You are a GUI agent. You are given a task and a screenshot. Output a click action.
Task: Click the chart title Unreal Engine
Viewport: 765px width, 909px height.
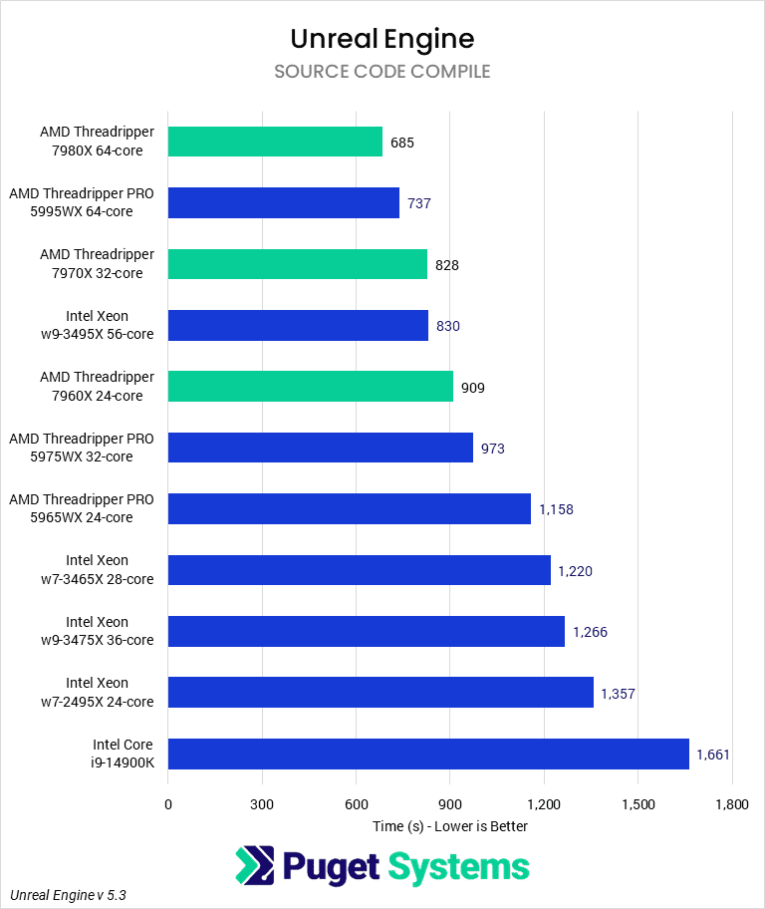click(382, 39)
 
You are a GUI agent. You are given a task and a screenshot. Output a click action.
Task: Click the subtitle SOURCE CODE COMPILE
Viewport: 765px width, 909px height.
click(382, 72)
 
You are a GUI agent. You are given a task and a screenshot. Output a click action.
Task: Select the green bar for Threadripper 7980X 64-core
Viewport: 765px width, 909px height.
click(275, 142)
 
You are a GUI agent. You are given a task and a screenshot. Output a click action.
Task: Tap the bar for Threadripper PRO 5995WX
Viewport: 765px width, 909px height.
click(284, 203)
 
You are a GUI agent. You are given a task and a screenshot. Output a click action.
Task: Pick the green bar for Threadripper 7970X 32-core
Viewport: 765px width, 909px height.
click(298, 264)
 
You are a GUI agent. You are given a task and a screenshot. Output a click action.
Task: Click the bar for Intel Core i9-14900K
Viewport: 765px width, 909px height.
click(428, 755)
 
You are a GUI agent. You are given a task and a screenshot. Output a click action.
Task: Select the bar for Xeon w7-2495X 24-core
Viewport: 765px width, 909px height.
click(381, 693)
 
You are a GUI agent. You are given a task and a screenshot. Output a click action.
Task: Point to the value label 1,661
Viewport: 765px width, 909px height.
click(713, 755)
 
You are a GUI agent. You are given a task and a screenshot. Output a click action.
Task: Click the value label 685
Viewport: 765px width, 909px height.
click(402, 143)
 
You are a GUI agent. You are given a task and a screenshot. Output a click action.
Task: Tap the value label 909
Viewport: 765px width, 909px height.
click(473, 388)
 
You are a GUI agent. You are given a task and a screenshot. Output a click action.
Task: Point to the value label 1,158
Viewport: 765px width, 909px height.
click(556, 509)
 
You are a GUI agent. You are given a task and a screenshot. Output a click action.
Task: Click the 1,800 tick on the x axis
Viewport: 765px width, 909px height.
click(732, 804)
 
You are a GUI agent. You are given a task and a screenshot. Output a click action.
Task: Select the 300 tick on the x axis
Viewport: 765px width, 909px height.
click(262, 804)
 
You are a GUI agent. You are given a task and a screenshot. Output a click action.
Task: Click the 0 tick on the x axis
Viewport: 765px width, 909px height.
click(168, 804)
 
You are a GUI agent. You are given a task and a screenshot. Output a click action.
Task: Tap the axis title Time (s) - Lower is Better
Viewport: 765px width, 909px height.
click(450, 826)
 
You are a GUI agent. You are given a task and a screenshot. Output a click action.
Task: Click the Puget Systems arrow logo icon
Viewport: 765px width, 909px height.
click(255, 866)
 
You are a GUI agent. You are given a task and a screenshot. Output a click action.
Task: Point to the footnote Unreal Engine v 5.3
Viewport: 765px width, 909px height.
click(69, 895)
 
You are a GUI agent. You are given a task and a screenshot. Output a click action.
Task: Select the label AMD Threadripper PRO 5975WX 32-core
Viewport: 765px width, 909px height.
click(82, 448)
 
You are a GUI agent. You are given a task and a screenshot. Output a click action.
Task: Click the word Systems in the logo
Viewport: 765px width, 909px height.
click(458, 866)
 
